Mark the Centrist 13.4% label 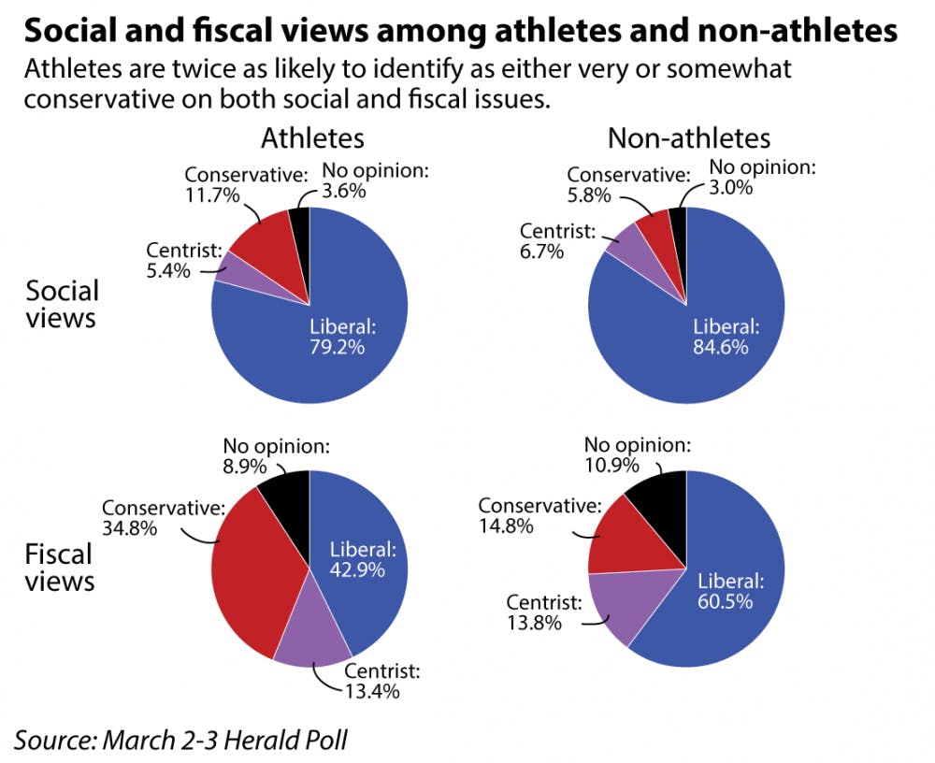point(381,682)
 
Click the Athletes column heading point(311,138)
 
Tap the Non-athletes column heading point(689,138)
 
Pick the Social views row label point(61,304)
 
